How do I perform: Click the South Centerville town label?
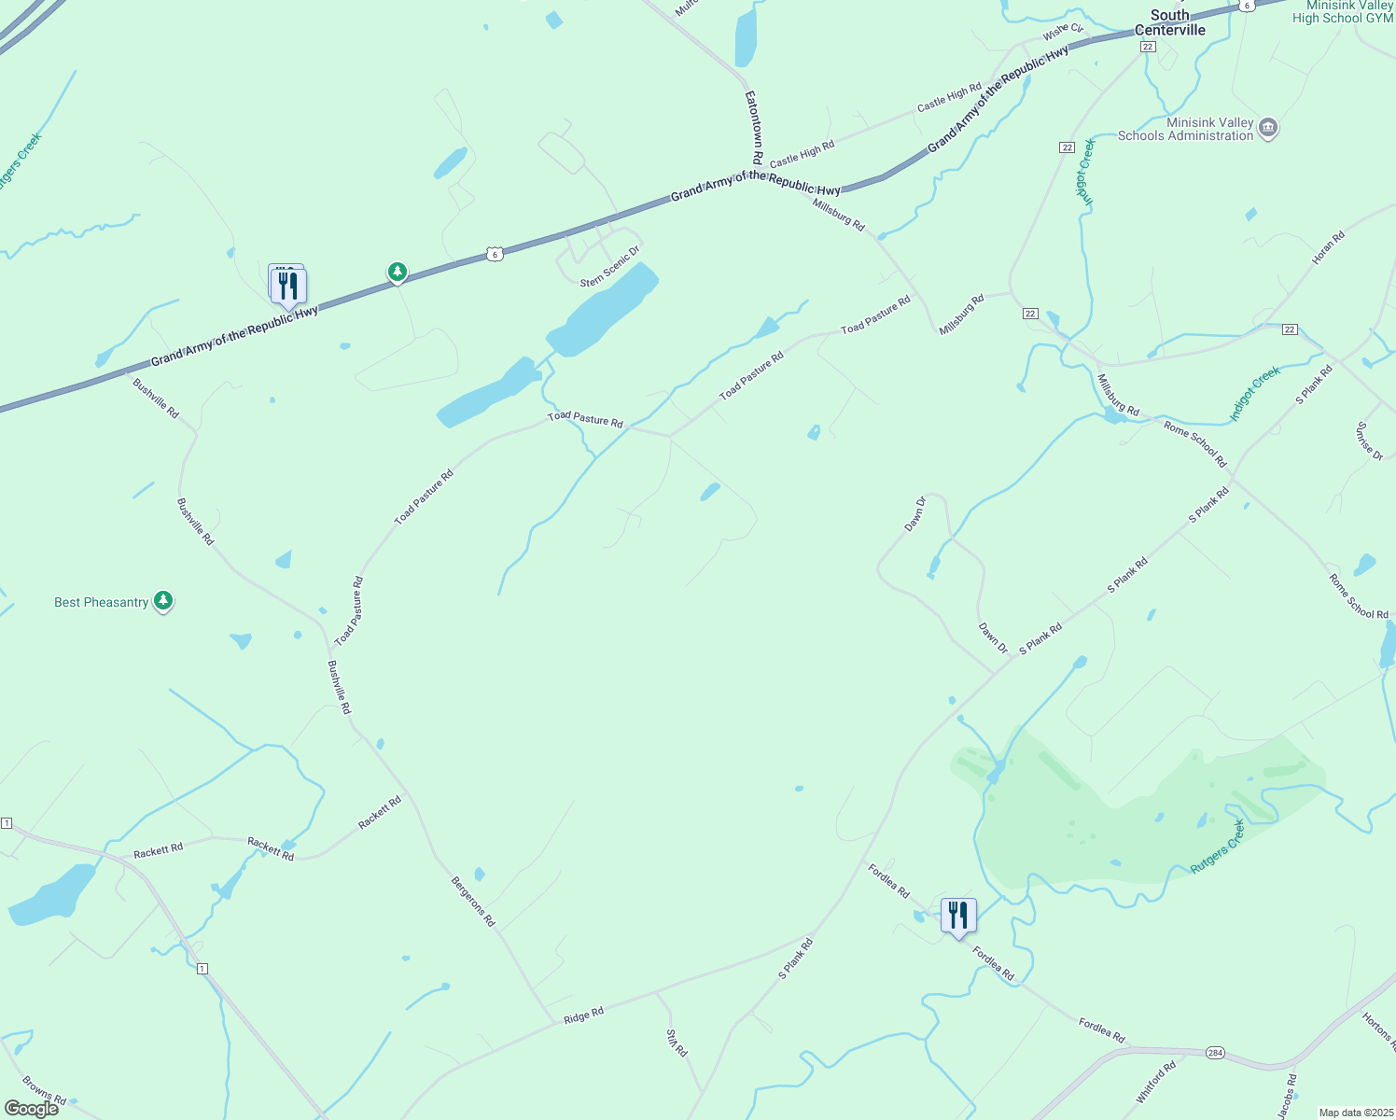pos(1170,22)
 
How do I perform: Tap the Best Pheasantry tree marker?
pos(163,601)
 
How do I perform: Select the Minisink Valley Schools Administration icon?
pos(1267,128)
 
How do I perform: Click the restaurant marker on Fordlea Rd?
pos(958,916)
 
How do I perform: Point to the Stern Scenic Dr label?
pos(610,267)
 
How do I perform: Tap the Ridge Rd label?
pos(584,1015)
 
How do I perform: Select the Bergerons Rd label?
pos(473,901)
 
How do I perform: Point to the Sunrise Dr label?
pos(1369,441)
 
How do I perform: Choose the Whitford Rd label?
pos(1155,1082)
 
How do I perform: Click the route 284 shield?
pos(1214,1053)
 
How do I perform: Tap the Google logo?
pos(31,1109)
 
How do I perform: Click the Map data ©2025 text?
pos(1354,1113)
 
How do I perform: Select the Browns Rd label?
pos(44,1091)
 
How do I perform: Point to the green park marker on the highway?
pos(398,272)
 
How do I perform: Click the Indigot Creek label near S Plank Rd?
pos(1255,394)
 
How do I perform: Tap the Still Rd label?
pos(677,1043)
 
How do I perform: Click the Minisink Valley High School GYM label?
pos(1342,12)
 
